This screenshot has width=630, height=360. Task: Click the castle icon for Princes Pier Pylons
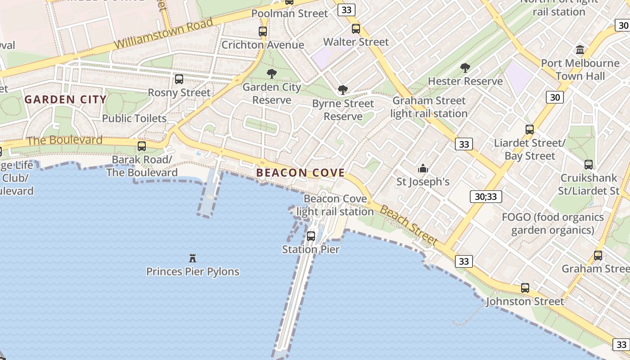click(x=193, y=258)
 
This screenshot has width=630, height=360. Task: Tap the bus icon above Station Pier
click(x=311, y=236)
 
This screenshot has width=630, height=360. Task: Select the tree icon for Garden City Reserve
click(x=271, y=74)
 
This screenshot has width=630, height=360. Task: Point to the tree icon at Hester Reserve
click(x=465, y=68)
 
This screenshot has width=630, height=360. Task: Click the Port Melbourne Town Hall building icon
click(x=580, y=49)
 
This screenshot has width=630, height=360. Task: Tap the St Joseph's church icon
click(x=423, y=169)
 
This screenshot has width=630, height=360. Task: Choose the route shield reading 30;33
click(x=486, y=196)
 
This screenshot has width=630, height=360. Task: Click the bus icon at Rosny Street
click(x=179, y=79)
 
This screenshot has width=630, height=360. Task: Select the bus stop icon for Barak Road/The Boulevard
click(x=142, y=146)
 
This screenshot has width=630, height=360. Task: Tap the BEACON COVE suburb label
click(x=301, y=172)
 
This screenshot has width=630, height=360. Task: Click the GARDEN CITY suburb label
click(x=66, y=99)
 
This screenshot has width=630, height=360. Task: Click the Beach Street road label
click(x=409, y=225)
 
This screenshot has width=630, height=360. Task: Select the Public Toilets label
click(x=135, y=118)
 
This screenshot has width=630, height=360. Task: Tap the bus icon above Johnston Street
click(x=525, y=288)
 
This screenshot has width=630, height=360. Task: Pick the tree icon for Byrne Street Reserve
click(x=343, y=90)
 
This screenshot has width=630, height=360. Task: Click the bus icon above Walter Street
click(x=356, y=29)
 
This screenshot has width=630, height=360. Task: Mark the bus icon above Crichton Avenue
click(x=263, y=31)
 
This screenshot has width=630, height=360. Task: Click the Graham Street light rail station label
click(x=429, y=107)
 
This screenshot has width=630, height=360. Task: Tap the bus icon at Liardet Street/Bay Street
click(x=530, y=130)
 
